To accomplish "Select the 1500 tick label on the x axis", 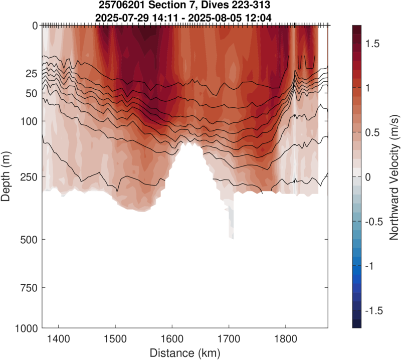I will (115, 338).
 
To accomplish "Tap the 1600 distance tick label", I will (172, 338).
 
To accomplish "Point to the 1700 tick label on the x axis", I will (229, 338).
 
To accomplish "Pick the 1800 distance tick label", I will (285, 338).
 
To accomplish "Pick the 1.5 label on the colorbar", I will (373, 44).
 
